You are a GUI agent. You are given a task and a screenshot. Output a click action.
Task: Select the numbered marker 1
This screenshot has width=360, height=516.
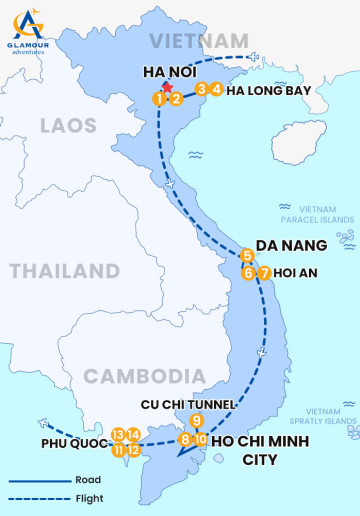159,98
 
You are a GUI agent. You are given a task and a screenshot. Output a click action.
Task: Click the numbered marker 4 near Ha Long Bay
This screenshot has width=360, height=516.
216,89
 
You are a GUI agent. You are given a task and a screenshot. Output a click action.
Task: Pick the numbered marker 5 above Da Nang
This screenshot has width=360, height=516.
247,255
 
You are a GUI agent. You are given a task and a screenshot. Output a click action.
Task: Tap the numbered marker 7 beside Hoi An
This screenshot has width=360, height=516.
264,273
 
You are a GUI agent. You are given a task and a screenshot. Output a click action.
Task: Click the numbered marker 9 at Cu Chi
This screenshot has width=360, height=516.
197,420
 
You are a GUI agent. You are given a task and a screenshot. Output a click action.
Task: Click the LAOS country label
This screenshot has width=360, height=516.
68,126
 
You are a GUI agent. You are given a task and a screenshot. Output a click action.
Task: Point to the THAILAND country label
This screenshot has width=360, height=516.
64,271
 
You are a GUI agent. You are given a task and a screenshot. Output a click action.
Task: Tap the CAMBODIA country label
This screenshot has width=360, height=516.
137,375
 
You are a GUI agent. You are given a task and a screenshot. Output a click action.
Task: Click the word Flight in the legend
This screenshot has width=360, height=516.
87,497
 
